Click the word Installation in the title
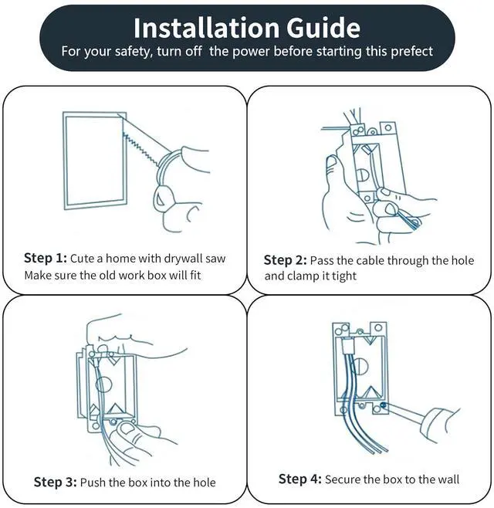[x=206, y=28]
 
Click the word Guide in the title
[x=323, y=28]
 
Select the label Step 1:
[x=46, y=258]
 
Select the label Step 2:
[x=285, y=260]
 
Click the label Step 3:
[x=55, y=482]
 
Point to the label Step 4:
[x=300, y=479]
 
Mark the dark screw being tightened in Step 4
[x=383, y=405]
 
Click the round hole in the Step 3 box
[x=103, y=385]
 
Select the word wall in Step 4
[x=448, y=479]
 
